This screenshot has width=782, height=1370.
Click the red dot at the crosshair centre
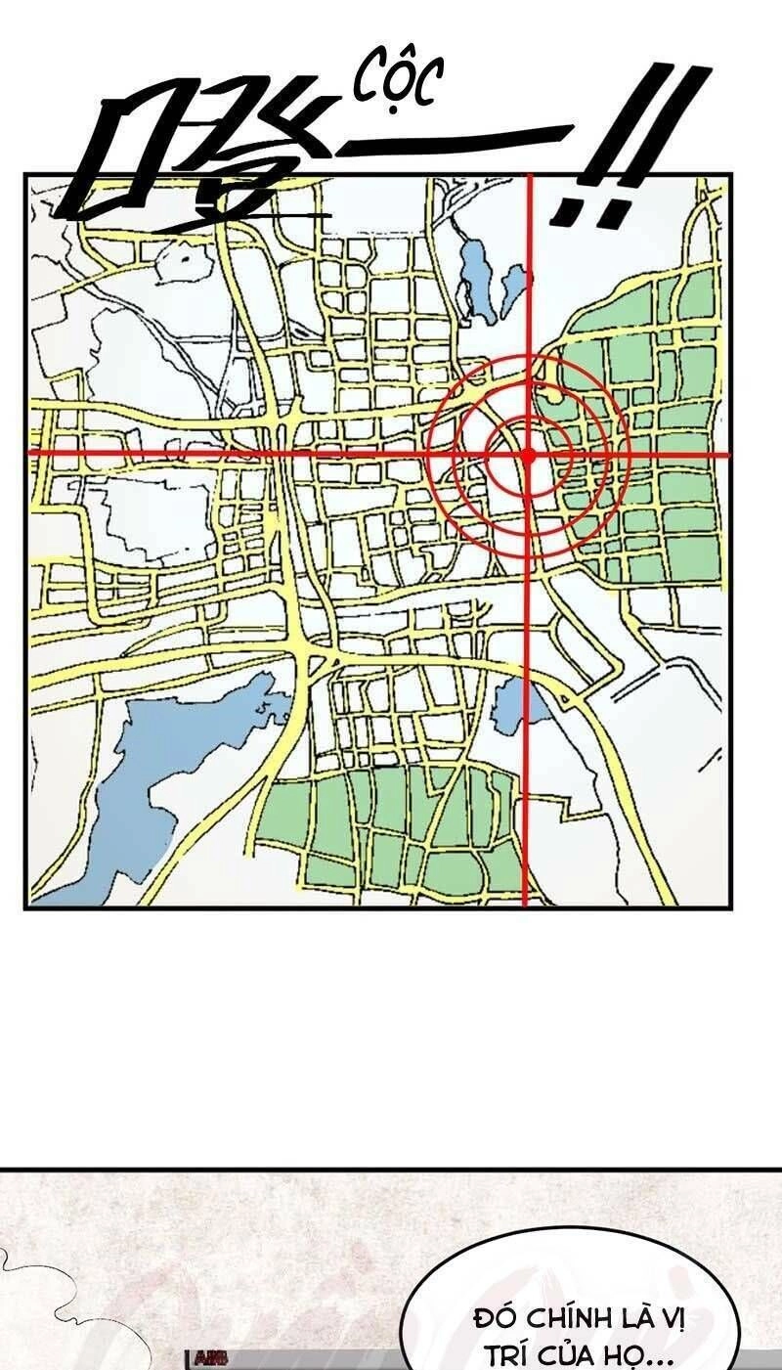528,455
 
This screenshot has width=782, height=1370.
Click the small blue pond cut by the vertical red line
510,705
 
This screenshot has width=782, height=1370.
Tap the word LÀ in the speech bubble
635,1317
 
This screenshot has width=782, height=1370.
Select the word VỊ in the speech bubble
673,1317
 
